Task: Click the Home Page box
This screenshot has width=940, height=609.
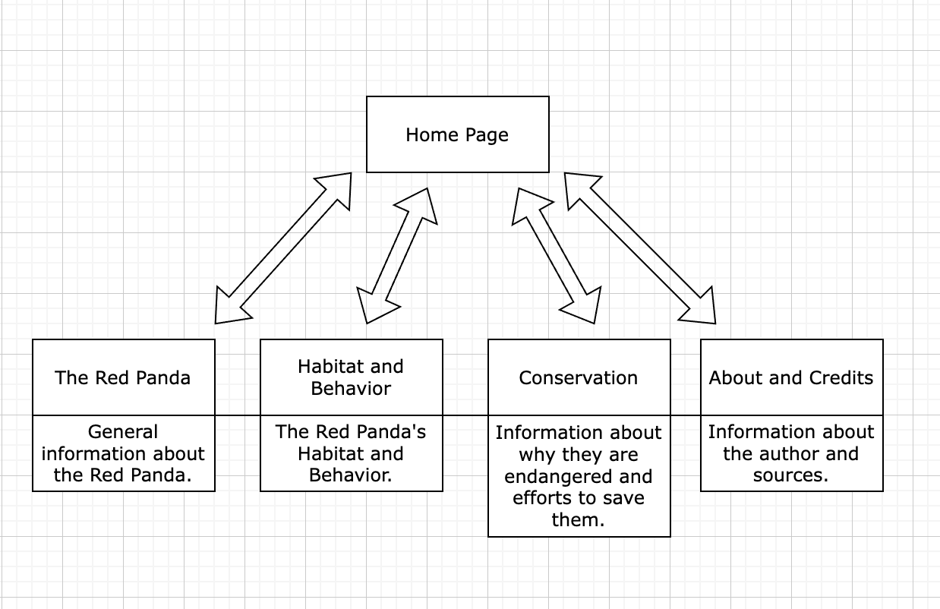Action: (457, 134)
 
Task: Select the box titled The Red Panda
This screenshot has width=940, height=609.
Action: (123, 377)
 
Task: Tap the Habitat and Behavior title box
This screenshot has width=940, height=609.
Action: (351, 377)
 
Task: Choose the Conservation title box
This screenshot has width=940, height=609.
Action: (579, 377)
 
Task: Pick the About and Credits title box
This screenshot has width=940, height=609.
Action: (791, 377)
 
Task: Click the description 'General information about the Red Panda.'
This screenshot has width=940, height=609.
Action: (123, 453)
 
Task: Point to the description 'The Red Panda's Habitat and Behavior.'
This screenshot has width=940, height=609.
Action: (351, 453)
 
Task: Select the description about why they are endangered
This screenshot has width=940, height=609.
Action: (579, 476)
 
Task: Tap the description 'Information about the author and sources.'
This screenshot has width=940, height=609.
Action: (791, 453)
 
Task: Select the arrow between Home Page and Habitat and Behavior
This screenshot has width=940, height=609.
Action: (397, 256)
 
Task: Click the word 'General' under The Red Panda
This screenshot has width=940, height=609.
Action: (123, 432)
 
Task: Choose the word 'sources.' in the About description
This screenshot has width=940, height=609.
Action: (791, 476)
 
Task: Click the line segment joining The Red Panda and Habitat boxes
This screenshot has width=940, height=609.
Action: (238, 415)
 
